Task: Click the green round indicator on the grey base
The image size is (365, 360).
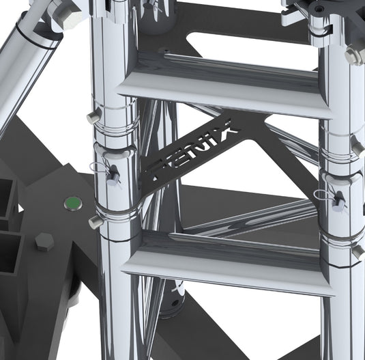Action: (x=71, y=202)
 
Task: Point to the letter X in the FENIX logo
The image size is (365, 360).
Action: (x=227, y=127)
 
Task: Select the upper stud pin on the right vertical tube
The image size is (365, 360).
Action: (x=356, y=146)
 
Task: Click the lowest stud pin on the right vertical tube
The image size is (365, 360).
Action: (x=357, y=251)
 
